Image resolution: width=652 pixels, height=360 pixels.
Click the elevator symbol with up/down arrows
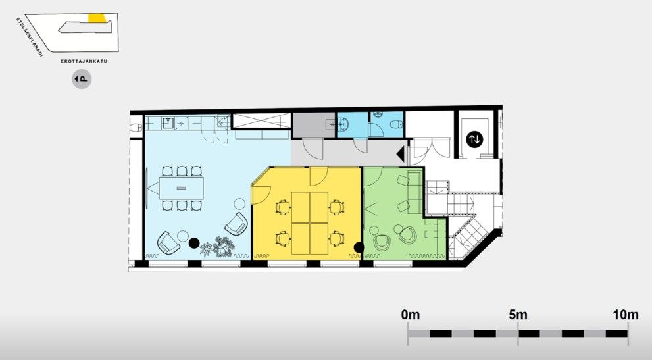(474, 139)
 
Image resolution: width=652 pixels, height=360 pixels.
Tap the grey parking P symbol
(82, 79)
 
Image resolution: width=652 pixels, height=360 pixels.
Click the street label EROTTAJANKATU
(84, 61)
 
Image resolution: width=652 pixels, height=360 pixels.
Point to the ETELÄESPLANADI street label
(30, 37)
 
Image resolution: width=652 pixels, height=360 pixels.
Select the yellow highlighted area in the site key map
(97, 18)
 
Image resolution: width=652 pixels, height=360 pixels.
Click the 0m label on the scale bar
(411, 315)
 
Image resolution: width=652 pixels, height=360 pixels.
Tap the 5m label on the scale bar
(518, 315)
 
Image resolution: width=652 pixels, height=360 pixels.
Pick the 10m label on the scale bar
(626, 315)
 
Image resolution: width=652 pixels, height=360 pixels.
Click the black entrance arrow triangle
(401, 155)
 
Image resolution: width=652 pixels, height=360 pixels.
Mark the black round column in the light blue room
(194, 243)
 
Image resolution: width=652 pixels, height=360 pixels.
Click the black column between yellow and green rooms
(359, 247)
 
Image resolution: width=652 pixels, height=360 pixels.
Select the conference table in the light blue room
(182, 188)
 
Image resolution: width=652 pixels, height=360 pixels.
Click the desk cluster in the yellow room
(310, 222)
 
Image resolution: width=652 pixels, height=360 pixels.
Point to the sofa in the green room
(414, 192)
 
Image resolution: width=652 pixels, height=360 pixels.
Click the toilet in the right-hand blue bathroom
(395, 124)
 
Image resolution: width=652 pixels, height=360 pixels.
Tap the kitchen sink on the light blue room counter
(168, 122)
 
